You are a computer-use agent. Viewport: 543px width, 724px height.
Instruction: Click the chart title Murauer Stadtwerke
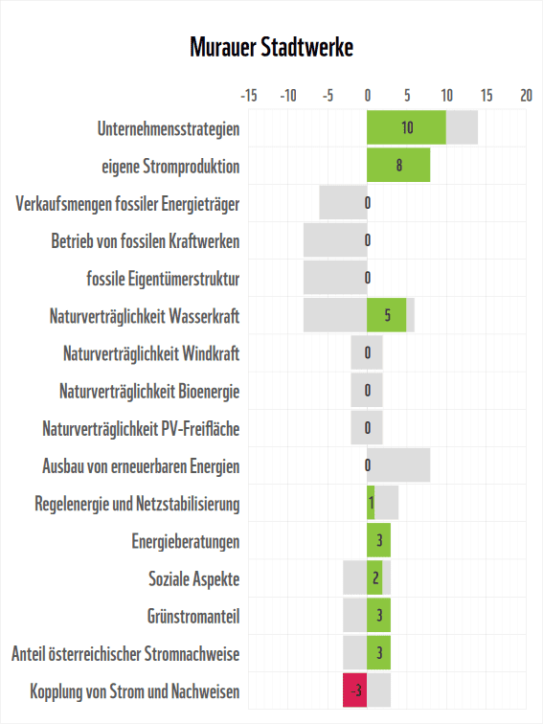coord(271,48)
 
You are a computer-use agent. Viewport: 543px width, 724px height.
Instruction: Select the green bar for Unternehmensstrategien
coord(406,127)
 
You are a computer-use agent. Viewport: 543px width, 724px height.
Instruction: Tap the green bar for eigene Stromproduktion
coord(398,165)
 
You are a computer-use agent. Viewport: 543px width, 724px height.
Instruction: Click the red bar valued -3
coord(355,690)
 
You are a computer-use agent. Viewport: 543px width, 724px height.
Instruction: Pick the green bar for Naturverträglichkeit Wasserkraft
coord(387,315)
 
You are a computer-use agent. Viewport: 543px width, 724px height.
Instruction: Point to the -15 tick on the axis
coord(248,96)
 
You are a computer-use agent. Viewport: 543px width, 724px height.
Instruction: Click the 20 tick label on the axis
coord(526,96)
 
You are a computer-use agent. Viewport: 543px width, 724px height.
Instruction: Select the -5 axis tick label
coord(328,96)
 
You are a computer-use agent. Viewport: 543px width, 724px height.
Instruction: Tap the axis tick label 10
coord(446,96)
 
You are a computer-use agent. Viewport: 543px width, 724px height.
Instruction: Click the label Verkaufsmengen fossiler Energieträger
coord(127,203)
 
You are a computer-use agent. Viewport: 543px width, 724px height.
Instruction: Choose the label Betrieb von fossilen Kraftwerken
coord(145,240)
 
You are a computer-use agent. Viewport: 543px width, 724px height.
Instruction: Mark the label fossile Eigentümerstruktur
coord(163,278)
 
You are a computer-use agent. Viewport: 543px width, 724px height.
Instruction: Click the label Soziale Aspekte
coord(193,578)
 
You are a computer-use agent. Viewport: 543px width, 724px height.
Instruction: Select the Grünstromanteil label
coord(193,616)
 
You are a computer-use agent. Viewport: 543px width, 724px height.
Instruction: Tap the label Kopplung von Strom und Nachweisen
coord(134,690)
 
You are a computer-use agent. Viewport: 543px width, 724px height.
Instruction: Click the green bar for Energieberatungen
coord(379,541)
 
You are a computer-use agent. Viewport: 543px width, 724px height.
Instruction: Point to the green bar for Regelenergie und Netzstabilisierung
coord(372,503)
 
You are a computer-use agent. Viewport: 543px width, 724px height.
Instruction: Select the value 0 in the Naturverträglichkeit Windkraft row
coord(368,353)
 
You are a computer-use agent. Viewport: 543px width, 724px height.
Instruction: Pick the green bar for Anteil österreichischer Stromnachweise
coord(379,653)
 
